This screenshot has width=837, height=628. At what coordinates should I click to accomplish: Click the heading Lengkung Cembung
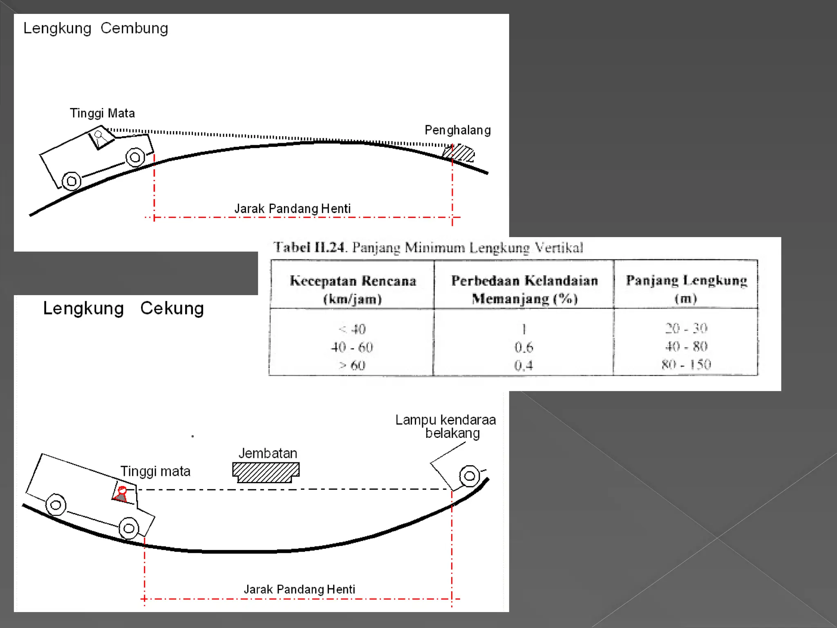96,28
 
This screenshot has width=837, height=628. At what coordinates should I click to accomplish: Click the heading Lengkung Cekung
123,308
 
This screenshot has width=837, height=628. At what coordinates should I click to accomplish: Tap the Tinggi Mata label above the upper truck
102,113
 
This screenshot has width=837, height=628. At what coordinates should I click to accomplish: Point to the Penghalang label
457,130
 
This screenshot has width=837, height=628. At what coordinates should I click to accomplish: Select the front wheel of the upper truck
135,157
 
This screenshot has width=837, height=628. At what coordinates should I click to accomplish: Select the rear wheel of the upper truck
72,181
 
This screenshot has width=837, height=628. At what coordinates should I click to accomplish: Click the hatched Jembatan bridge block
266,472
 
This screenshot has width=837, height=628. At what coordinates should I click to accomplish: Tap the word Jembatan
268,453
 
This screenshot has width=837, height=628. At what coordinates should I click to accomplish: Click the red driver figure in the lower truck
121,494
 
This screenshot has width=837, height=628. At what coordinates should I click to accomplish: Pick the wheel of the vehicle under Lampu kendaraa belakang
469,476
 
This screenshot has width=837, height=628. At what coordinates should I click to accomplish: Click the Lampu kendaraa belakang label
445,426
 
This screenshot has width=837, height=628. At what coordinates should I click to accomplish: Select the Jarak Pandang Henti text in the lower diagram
299,589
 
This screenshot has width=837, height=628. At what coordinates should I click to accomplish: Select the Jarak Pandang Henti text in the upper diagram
292,209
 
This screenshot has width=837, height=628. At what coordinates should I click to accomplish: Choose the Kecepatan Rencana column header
353,289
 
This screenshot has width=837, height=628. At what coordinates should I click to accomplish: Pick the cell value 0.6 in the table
524,347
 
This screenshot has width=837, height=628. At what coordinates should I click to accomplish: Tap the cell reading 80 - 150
686,364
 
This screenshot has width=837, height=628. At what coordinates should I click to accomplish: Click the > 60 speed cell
352,365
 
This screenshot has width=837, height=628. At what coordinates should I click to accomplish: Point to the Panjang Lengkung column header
686,288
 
